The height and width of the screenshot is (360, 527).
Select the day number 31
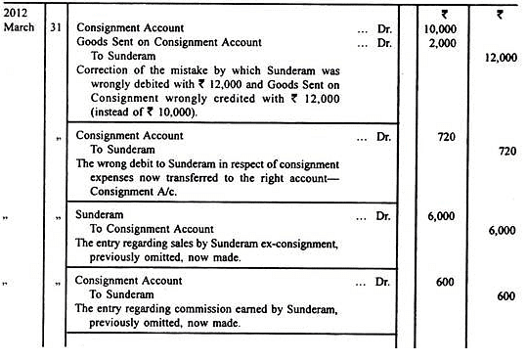tap(55, 28)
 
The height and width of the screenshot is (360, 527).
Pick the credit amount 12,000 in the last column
tap(499, 57)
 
